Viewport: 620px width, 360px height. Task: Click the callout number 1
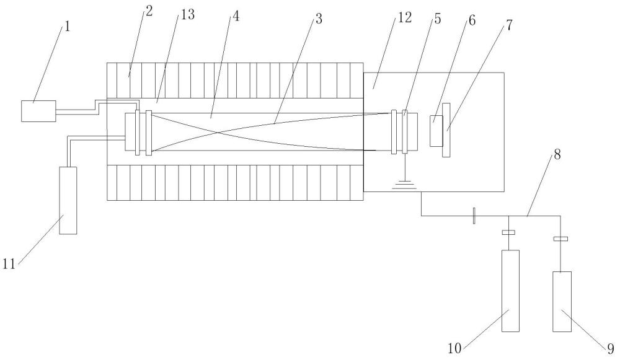67,27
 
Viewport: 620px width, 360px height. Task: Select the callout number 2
149,11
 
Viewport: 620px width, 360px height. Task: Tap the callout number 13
188,15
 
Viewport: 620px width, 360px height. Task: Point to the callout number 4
236,16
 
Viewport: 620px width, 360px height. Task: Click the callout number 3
318,19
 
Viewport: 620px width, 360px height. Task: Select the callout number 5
437,19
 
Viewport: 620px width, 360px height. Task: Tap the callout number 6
472,20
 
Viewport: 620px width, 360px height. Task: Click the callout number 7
509,25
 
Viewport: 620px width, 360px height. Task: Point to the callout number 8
557,154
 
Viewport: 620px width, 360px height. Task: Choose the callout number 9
611,349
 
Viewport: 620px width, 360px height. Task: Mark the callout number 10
454,349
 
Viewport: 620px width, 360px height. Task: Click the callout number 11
9,263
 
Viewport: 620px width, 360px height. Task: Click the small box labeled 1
38,111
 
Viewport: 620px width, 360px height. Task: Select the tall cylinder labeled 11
68,200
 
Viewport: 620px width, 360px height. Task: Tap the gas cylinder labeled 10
510,291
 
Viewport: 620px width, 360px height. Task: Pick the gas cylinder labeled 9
562,302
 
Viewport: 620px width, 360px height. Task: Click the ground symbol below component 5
404,185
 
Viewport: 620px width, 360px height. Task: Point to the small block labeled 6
436,131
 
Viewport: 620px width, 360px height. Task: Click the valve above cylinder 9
560,239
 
